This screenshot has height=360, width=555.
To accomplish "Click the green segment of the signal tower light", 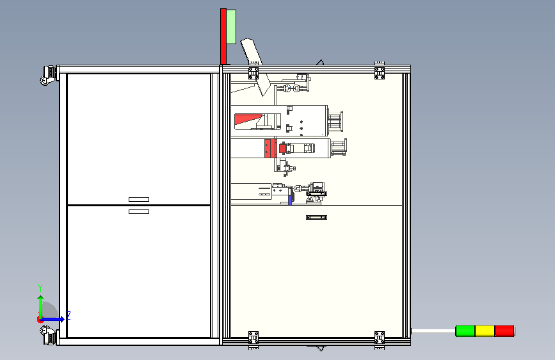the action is tap(465, 331).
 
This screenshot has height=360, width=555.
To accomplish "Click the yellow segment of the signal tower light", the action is tap(485, 331).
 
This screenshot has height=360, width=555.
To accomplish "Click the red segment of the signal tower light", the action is tap(504, 331).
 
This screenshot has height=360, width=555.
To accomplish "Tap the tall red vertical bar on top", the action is tap(223, 37).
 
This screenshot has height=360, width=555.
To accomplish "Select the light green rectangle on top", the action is tap(231, 27).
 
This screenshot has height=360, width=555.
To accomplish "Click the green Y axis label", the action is tap(40, 288).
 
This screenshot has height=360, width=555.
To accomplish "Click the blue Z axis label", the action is tap(68, 315).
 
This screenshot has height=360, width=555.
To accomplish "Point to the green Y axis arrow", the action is tap(41, 307).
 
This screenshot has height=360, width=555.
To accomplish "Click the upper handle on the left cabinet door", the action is tap(139, 199).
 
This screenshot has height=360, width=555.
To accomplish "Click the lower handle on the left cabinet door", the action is tap(139, 211).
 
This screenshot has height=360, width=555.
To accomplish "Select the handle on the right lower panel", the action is tap(316, 217).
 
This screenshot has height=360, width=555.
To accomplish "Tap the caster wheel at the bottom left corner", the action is tap(49, 335).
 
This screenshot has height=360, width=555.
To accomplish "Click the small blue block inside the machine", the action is tap(290, 200).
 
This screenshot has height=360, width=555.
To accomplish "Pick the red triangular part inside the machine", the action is tap(247, 119).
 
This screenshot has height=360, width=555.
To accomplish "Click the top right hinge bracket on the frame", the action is tap(380, 72).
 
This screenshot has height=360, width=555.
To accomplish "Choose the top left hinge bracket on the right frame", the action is tap(253, 72).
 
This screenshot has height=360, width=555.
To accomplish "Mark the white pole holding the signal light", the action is tap(433, 331).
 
